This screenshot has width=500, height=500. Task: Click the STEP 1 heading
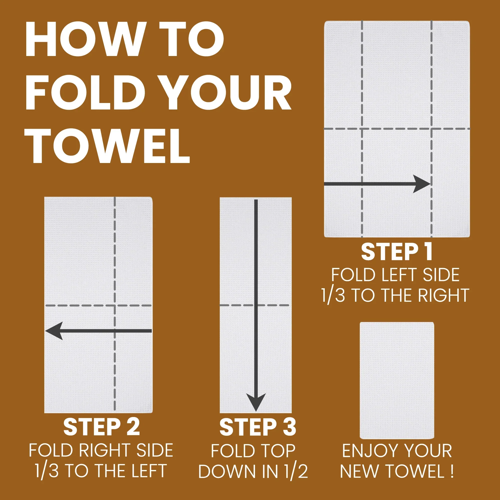(x=397, y=252)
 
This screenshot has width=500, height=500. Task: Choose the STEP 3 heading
(x=258, y=427)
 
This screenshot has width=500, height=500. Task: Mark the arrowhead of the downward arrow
(x=256, y=402)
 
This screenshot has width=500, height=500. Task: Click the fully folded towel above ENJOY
(x=397, y=380)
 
